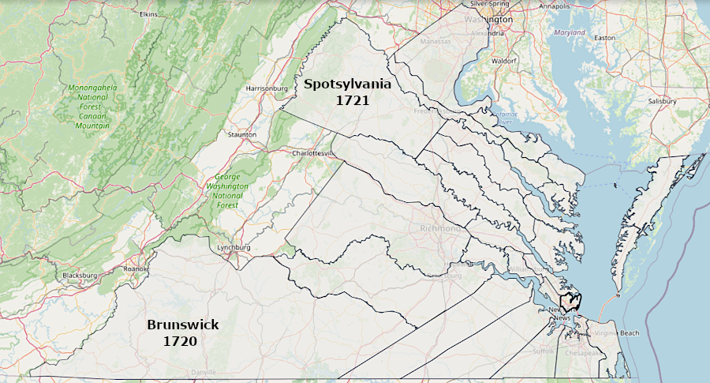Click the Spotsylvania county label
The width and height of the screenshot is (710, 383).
coord(342,84)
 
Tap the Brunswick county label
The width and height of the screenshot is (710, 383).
coord(182,325)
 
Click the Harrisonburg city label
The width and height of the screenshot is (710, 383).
coord(267,88)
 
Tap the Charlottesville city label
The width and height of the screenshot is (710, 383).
coord(314,152)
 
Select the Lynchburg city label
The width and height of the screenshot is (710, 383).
coord(234,247)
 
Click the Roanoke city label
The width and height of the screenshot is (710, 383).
coord(135,268)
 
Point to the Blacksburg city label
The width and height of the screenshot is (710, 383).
coord(80,276)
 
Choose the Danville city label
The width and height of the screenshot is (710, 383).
coord(204,371)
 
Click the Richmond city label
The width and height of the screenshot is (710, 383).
coord(435,229)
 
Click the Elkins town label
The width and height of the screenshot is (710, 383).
coord(148,14)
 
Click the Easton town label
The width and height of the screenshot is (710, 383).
coord(604,37)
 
